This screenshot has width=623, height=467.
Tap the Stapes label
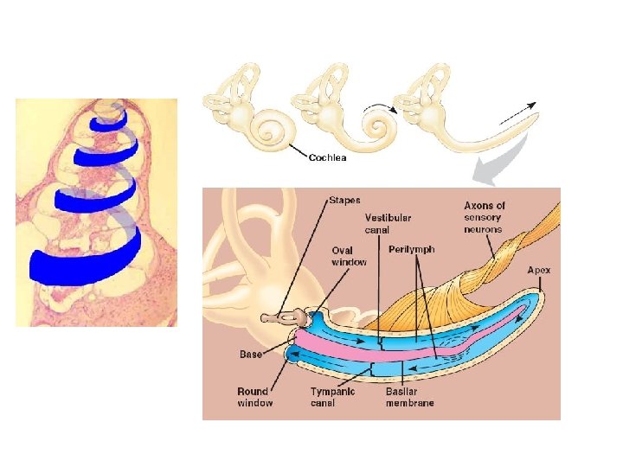coord(344,200)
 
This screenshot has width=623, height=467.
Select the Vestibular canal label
coord(387,224)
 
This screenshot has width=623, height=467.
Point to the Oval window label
coord(349,256)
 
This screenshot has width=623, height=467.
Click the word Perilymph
coord(412,249)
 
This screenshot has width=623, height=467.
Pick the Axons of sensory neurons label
coord(485,218)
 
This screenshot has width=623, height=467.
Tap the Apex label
coord(539,271)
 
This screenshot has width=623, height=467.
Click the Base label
coord(251,355)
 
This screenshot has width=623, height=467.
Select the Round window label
coord(255,397)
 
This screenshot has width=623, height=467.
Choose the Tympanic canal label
coord(333,397)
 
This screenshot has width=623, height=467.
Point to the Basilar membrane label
coord(409,397)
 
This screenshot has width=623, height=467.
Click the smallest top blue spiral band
coord(108,120)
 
